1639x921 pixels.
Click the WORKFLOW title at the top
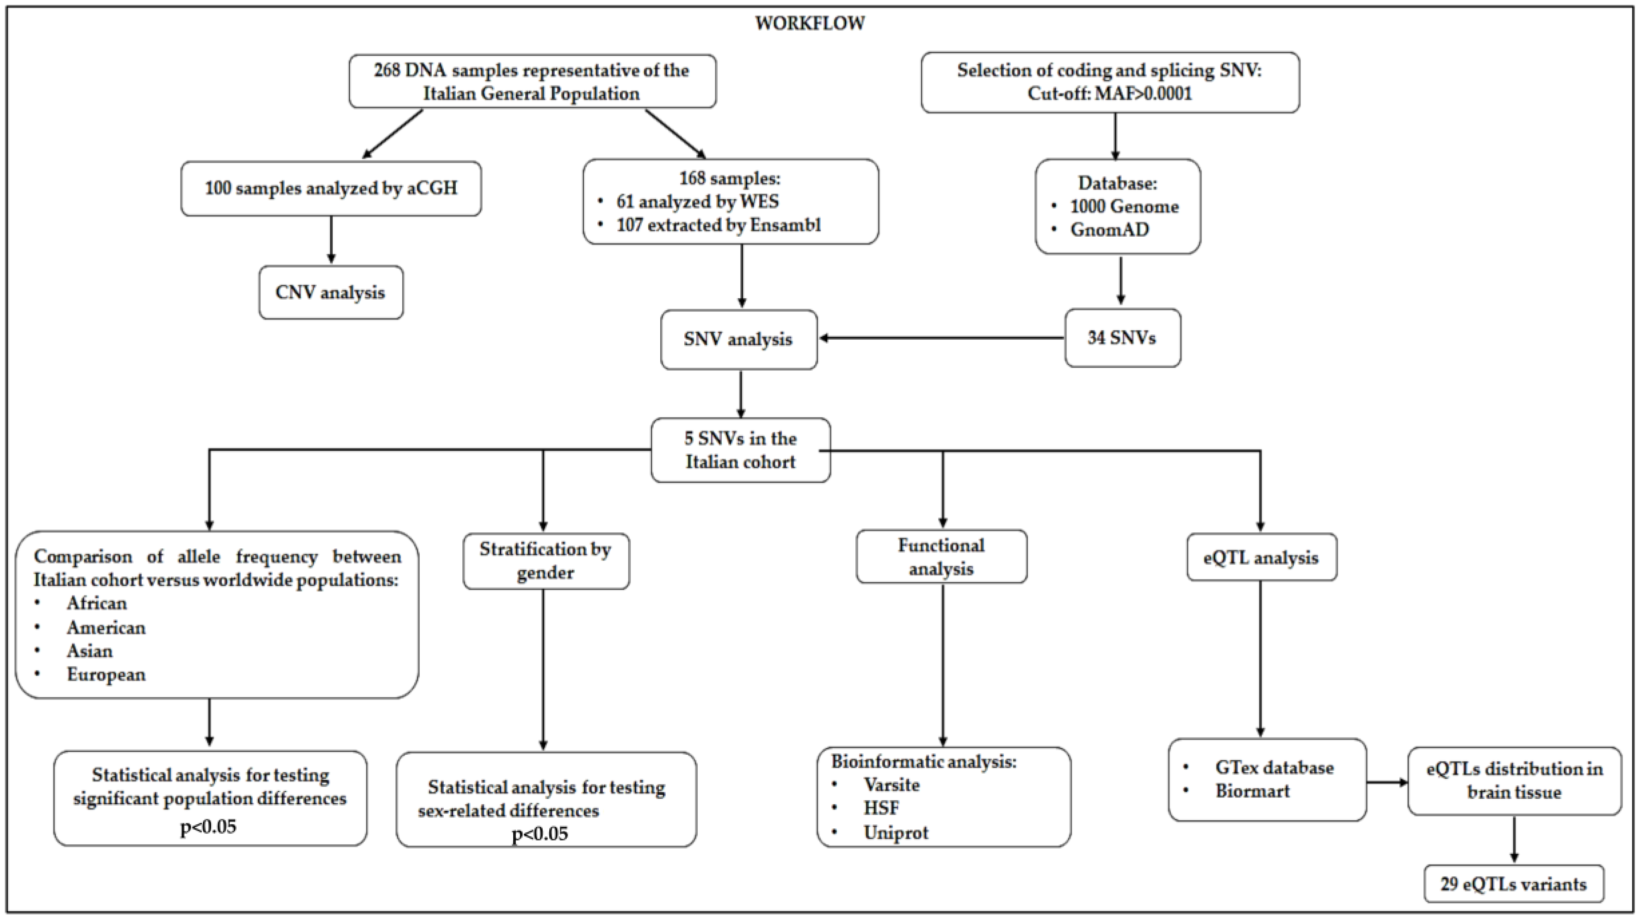(809, 24)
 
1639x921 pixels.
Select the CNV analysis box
(331, 292)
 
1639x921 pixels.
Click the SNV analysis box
(739, 339)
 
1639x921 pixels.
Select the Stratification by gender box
(546, 561)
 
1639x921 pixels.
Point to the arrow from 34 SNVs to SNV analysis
(942, 338)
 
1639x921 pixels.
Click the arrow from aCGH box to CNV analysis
(331, 240)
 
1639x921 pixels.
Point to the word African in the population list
(97, 603)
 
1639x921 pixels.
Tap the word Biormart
(1252, 791)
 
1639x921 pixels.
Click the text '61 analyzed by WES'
(697, 202)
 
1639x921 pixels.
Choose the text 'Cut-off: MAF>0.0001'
(1110, 94)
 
